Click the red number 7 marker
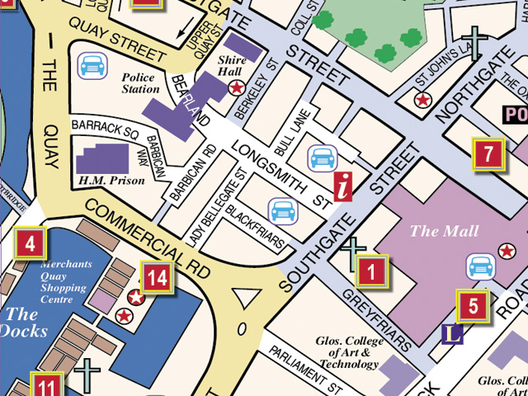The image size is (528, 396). pos(488,154)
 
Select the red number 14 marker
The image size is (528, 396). pos(157,278)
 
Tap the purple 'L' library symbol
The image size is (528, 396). pos(451,333)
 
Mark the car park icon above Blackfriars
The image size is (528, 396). pos(283,210)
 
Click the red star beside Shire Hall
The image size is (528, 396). pos(237,87)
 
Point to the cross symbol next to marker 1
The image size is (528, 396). pos(353,252)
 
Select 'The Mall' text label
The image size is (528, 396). pos(433,231)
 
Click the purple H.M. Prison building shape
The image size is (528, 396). pos(102,158)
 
